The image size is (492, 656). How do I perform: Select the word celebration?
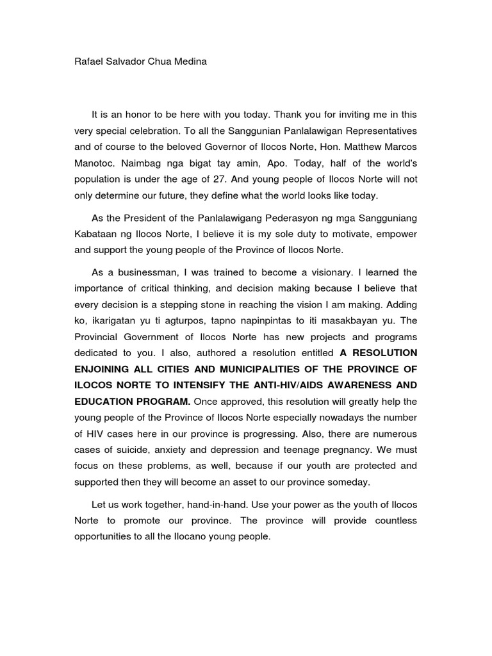pos(149,131)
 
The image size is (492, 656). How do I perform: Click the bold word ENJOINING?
pos(107,369)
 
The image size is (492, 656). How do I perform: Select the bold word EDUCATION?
pos(106,402)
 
